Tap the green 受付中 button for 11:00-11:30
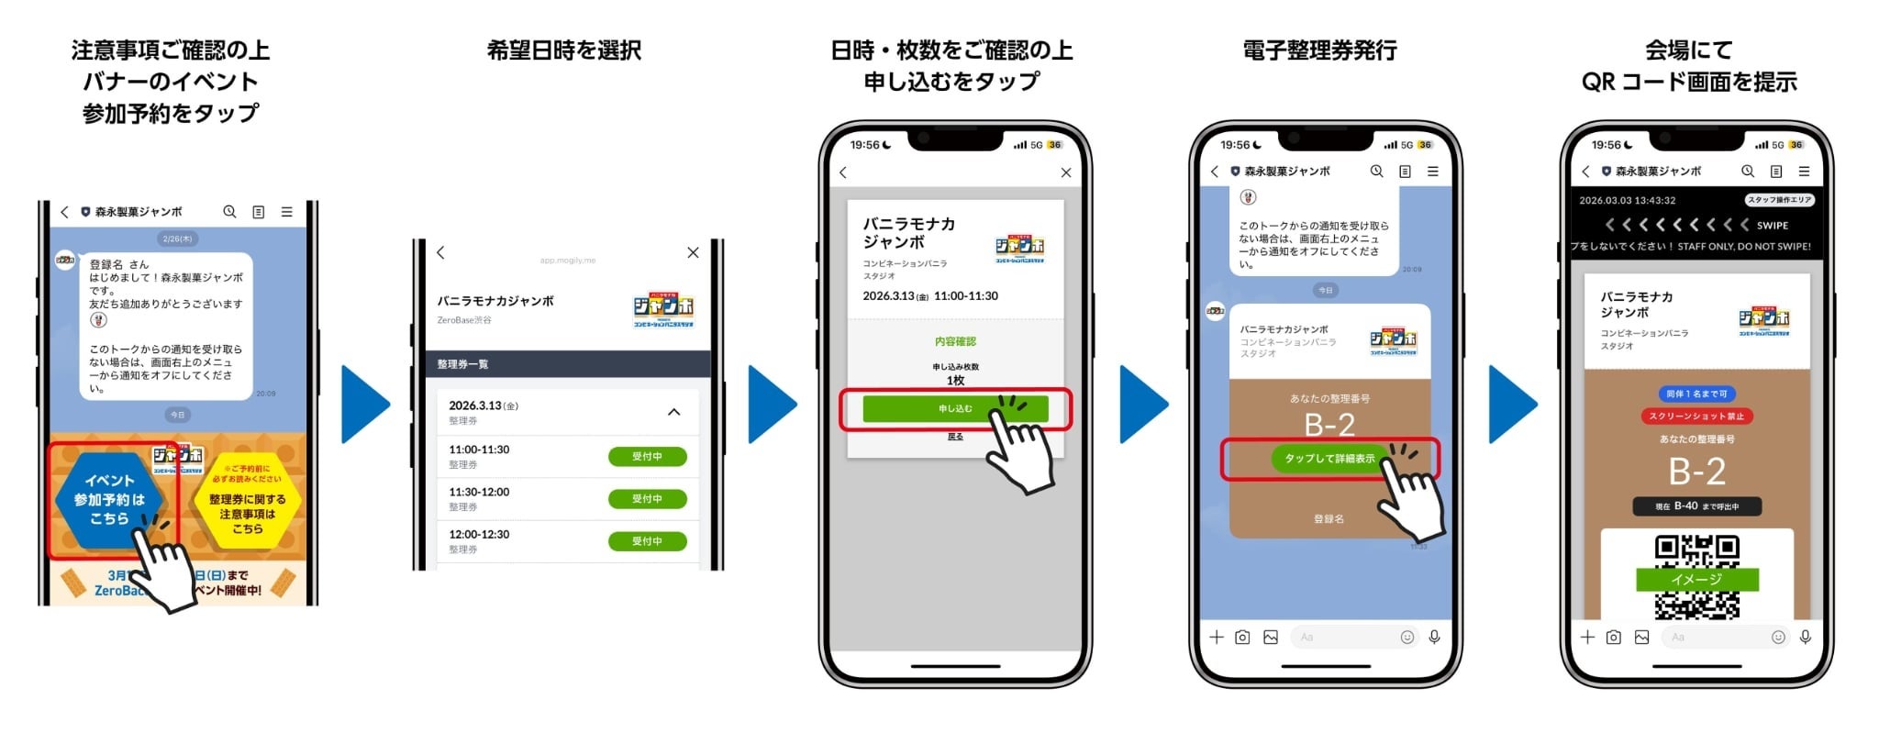coord(647,457)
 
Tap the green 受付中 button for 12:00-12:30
coord(647,541)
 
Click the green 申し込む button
coord(954,409)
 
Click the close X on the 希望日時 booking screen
coord(693,253)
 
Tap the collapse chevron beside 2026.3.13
coord(673,413)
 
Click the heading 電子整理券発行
coord(1319,50)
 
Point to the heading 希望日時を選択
coord(563,50)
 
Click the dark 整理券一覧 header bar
coord(568,364)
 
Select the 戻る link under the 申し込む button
coord(955,437)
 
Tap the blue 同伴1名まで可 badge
coord(1696,394)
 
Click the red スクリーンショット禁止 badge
coord(1696,416)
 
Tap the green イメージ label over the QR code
coord(1696,580)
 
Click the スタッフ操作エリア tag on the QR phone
coord(1779,200)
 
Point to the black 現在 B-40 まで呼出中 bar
coord(1696,506)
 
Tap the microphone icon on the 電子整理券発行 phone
coord(1434,638)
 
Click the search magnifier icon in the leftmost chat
coord(229,212)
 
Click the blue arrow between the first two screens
coord(364,405)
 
